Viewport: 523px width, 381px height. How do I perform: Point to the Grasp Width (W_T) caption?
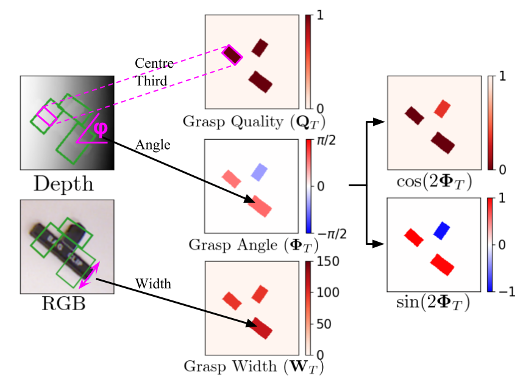tap(253, 367)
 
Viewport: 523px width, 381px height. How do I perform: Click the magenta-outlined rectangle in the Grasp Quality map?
tap(232, 55)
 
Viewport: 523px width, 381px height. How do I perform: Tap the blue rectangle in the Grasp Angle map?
tap(260, 171)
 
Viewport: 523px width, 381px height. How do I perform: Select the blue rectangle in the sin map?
tap(441, 230)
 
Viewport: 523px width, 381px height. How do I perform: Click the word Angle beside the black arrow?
tap(153, 146)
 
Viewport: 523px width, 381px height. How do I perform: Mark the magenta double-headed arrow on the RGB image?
tap(88, 277)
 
